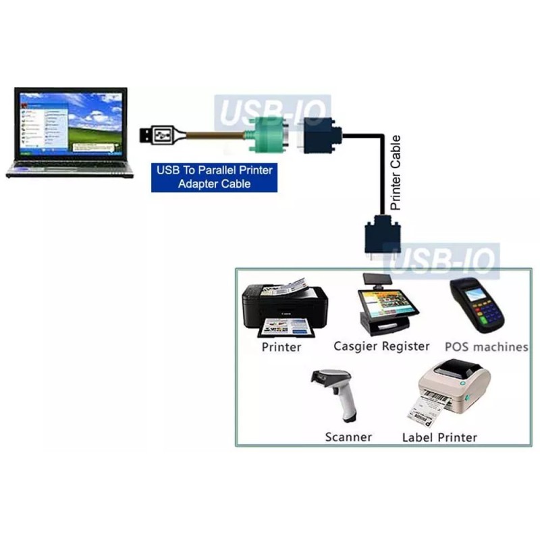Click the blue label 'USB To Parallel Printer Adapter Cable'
pos(214,177)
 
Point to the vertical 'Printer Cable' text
pos(396,171)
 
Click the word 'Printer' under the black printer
pos(281,348)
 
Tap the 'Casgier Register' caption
pos(381,346)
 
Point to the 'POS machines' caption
pos(486,347)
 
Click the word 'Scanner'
pos(348,437)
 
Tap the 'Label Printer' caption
pos(439,437)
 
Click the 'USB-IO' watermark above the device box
pos(441,260)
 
